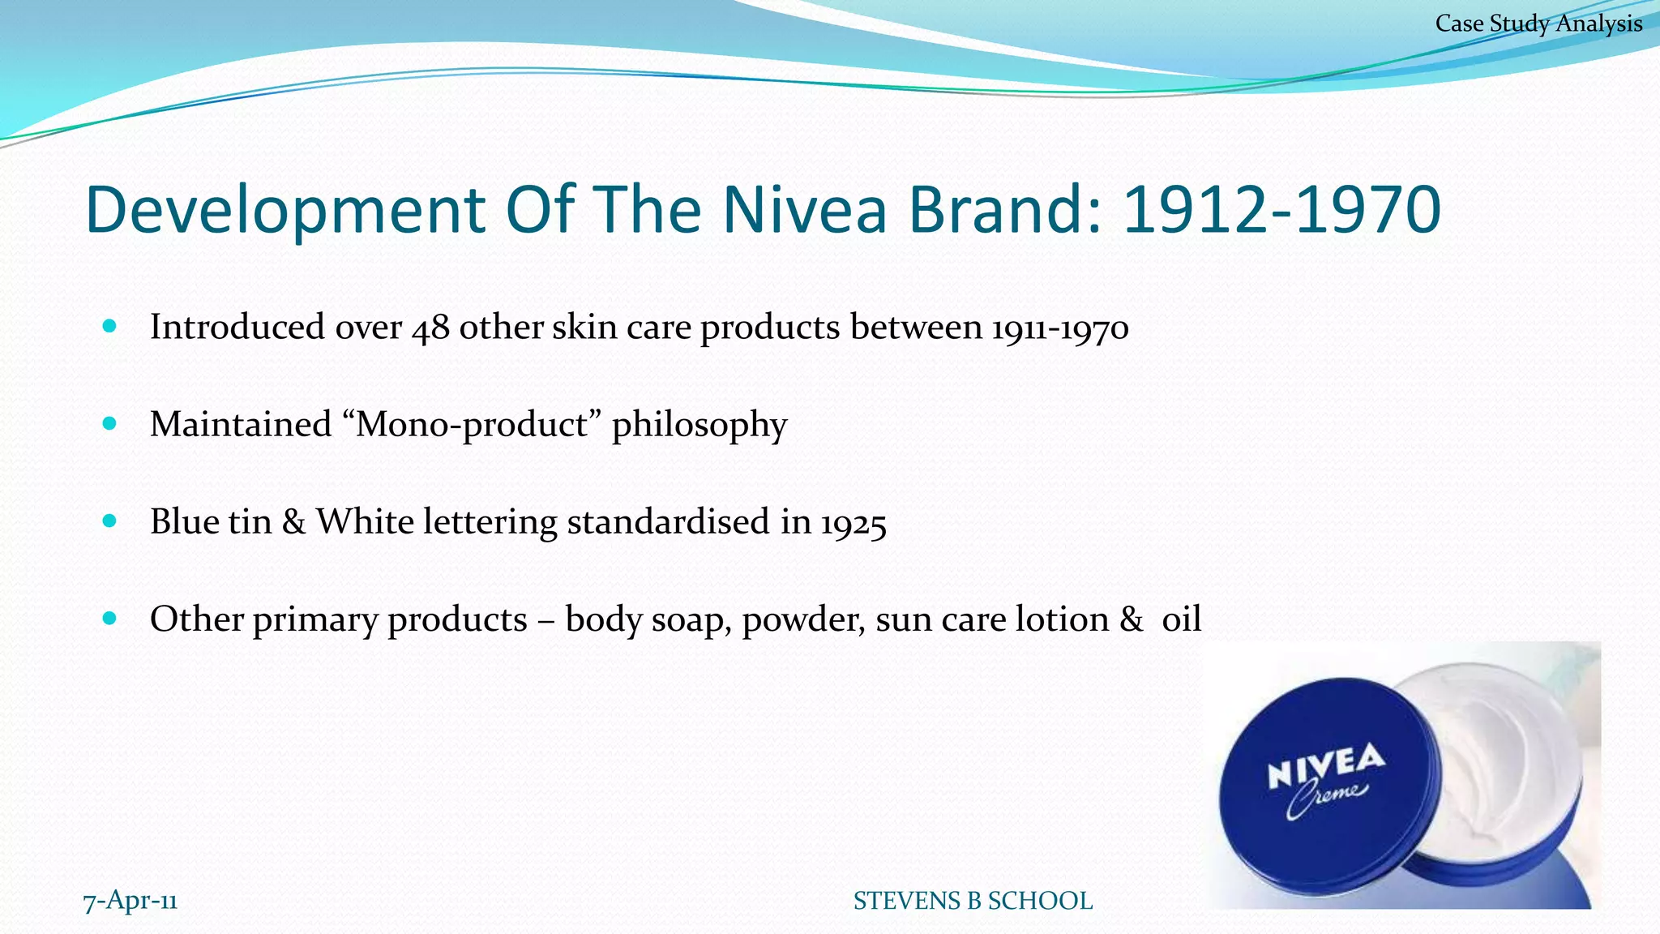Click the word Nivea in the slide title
click(805, 209)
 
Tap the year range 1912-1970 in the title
click(1282, 209)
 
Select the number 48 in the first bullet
click(430, 328)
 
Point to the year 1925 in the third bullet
click(854, 522)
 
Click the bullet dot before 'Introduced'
click(110, 327)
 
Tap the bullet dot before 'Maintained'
click(110, 423)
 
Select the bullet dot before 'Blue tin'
click(110, 521)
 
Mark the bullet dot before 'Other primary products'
click(110, 619)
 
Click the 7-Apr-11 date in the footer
click(130, 901)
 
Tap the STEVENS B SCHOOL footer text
click(973, 901)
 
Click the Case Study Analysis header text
click(1538, 24)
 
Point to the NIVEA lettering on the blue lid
click(1326, 765)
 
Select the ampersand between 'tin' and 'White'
click(294, 521)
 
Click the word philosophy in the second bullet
click(700, 425)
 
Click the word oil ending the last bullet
click(1181, 619)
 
